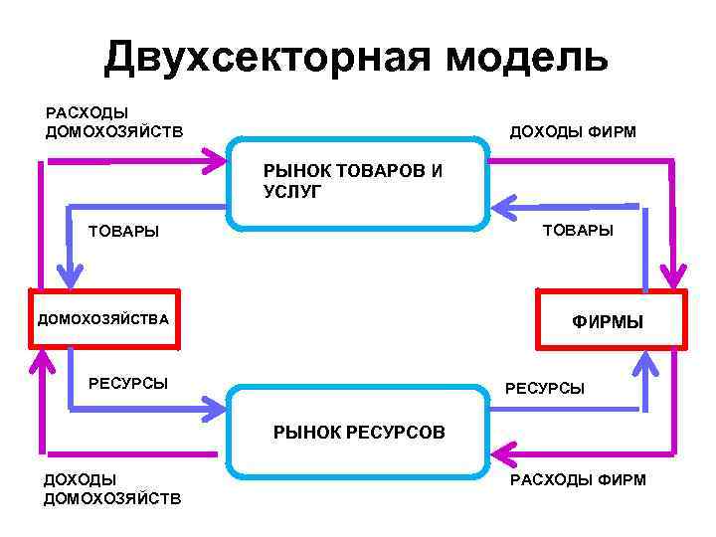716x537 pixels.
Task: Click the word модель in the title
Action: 527,59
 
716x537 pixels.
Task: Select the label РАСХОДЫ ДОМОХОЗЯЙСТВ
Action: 113,122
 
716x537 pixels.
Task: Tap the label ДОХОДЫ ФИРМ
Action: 572,132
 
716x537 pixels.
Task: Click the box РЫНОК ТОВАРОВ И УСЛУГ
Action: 359,183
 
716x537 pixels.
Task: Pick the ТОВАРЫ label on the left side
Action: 123,232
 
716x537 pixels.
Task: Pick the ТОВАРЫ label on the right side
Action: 578,231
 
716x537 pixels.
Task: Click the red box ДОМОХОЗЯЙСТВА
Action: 104,319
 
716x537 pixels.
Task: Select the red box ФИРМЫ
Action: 611,320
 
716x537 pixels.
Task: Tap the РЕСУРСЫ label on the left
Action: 128,383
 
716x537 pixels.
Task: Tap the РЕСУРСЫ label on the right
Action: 545,388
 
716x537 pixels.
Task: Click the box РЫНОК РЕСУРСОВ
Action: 359,432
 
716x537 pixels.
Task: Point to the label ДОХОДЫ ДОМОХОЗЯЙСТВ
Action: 111,488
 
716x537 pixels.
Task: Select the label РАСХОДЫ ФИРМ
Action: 577,480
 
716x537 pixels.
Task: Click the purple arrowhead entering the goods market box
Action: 215,157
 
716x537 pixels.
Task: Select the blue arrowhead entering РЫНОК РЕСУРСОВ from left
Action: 213,407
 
